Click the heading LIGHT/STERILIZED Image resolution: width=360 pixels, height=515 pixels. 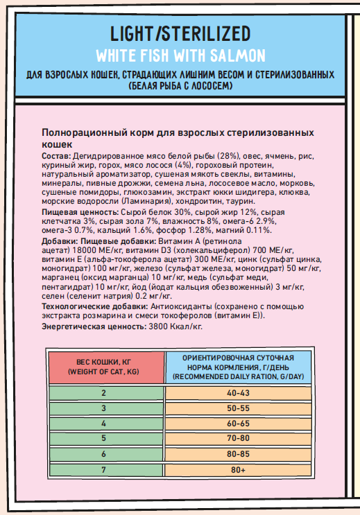click(x=180, y=34)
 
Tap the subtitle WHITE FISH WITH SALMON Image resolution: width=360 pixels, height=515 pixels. click(x=180, y=55)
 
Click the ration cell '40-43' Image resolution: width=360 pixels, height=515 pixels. click(x=237, y=394)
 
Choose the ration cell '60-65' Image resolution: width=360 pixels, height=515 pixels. click(x=237, y=423)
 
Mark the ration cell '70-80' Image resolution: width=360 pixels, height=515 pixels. click(x=237, y=438)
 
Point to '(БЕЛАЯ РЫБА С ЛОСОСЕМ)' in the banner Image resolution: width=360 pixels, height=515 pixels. click(x=180, y=86)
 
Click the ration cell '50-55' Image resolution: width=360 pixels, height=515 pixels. click(x=237, y=408)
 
